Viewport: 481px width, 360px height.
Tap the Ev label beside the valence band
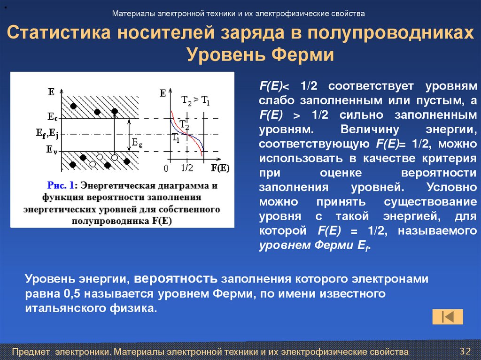52,150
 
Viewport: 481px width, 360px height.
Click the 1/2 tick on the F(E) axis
186,168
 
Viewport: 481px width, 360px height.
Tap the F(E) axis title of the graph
220,167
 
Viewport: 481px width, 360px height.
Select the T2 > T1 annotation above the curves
195,100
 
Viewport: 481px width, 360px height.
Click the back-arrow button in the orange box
448,317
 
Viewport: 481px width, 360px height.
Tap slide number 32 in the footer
465,351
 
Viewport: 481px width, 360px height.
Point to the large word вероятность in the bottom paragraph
176,279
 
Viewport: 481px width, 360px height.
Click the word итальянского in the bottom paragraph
59,308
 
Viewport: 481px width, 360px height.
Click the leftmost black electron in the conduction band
73,106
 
